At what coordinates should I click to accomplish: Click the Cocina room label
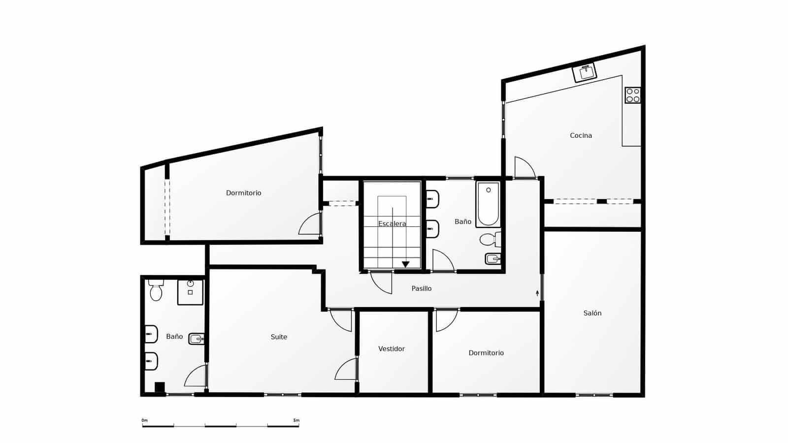(581, 135)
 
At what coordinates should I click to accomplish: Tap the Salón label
(592, 313)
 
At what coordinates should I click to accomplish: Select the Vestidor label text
(391, 349)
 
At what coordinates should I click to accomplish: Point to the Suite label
(279, 337)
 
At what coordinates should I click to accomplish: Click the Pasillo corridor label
(421, 288)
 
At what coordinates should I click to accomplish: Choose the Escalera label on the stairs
(392, 224)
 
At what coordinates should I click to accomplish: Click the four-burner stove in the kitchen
(633, 95)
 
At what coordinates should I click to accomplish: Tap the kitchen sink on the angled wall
(585, 72)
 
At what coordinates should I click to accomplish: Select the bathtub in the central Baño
(488, 203)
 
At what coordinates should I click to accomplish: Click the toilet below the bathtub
(489, 240)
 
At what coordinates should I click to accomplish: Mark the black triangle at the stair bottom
(405, 264)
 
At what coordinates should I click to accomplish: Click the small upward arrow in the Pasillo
(537, 293)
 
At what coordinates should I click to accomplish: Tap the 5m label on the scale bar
(296, 420)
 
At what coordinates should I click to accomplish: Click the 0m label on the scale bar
(144, 420)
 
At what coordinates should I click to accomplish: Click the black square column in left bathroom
(160, 387)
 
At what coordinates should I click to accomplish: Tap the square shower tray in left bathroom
(190, 292)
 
